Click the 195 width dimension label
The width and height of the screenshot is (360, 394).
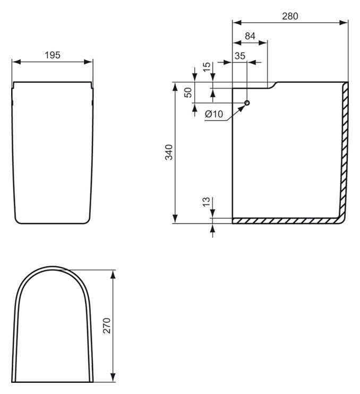click(x=53, y=55)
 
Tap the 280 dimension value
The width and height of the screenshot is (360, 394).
click(x=290, y=16)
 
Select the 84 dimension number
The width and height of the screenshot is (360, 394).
click(x=250, y=36)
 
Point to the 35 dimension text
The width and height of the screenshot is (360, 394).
click(x=240, y=56)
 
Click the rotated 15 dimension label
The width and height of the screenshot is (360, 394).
click(x=207, y=67)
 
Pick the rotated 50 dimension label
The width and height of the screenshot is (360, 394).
click(x=188, y=92)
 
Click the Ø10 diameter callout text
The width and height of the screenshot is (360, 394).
click(x=214, y=114)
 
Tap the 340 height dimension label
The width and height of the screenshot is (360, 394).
click(x=169, y=152)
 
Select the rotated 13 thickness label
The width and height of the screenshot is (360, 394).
click(x=206, y=202)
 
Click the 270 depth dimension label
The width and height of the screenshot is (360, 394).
click(x=107, y=326)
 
